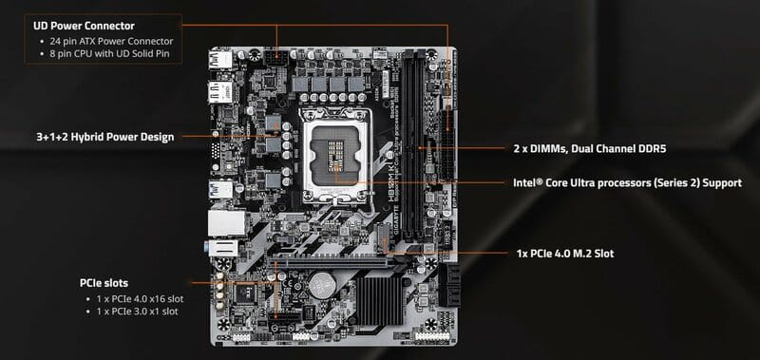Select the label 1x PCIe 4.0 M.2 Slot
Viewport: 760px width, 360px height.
pos(570,255)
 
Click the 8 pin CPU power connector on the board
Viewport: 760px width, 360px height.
pos(278,59)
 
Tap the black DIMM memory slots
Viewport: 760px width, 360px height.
pos(413,142)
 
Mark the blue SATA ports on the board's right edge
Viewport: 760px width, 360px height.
pos(448,283)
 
